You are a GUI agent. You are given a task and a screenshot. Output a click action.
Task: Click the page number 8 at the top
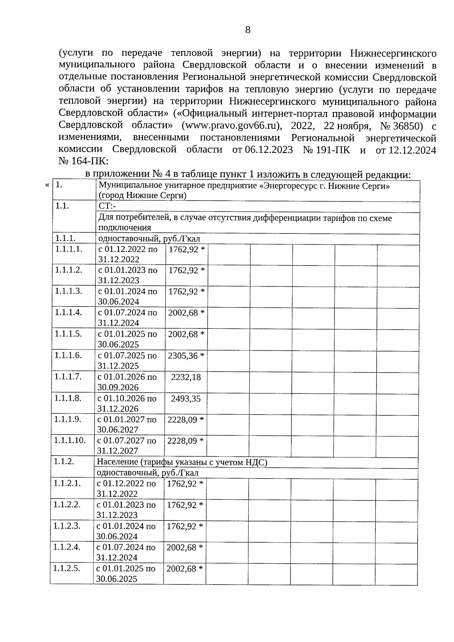(x=248, y=30)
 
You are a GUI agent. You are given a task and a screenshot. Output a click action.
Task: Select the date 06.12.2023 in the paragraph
(x=269, y=149)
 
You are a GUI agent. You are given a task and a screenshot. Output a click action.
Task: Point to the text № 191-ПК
(x=327, y=149)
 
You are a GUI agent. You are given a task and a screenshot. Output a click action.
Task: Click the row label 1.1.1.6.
(x=68, y=355)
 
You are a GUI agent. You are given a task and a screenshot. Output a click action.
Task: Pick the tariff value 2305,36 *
(x=186, y=356)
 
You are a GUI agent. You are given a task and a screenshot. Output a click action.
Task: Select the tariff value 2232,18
(x=186, y=377)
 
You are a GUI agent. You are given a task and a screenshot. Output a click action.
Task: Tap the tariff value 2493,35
(x=186, y=399)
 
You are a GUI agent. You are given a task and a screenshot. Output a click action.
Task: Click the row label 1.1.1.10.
(x=70, y=440)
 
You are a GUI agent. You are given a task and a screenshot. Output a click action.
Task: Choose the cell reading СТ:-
(x=107, y=206)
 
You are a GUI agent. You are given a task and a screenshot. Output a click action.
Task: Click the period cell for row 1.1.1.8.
(x=127, y=403)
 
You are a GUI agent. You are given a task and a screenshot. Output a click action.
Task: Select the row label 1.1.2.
(x=64, y=461)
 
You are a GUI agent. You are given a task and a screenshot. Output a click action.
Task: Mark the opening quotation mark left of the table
(x=47, y=185)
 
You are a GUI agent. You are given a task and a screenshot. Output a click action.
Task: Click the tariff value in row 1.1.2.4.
(x=185, y=547)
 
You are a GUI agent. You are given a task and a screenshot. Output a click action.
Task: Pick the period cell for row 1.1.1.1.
(x=128, y=254)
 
